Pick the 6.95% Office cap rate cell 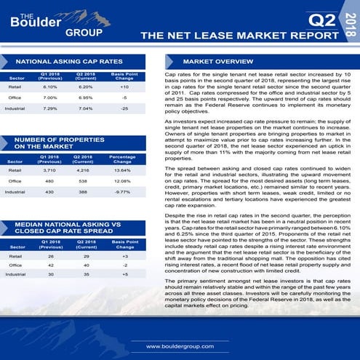tap(86, 97)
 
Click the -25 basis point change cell tap(124, 108)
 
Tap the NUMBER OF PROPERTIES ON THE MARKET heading tap(55, 143)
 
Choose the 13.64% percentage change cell tap(122, 169)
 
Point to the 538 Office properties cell tap(86, 180)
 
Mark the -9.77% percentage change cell tap(122, 191)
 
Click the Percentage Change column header tap(122, 159)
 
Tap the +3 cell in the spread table tap(124, 256)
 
